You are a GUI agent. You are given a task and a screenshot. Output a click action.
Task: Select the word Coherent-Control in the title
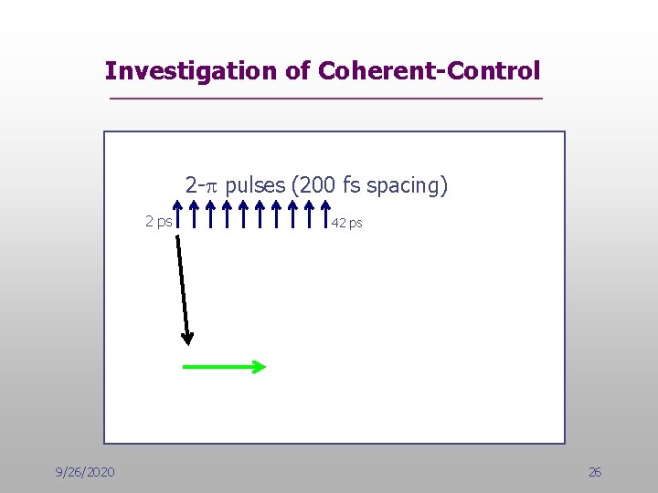point(429,70)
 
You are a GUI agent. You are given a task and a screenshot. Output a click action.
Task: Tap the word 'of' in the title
point(299,70)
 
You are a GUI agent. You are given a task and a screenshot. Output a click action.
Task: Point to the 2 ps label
point(158,221)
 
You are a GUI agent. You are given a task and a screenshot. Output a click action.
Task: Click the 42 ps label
point(347,223)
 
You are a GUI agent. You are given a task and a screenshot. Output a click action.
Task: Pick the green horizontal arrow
point(224,367)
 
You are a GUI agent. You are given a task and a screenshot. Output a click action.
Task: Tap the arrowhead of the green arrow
point(260,367)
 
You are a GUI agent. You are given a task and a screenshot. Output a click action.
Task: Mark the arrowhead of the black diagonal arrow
point(187,338)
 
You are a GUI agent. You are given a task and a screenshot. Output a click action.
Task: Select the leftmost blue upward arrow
point(178,214)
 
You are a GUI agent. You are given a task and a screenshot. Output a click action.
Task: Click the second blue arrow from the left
point(195,214)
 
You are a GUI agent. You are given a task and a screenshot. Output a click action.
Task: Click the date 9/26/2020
point(85,472)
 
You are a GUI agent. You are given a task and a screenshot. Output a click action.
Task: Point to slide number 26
point(595,472)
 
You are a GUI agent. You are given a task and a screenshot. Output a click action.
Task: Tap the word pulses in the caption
point(255,186)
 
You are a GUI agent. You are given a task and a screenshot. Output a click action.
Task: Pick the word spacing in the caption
point(404,187)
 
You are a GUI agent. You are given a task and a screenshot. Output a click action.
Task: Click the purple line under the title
point(325,98)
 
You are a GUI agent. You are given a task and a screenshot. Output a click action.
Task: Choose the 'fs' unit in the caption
point(351,186)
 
